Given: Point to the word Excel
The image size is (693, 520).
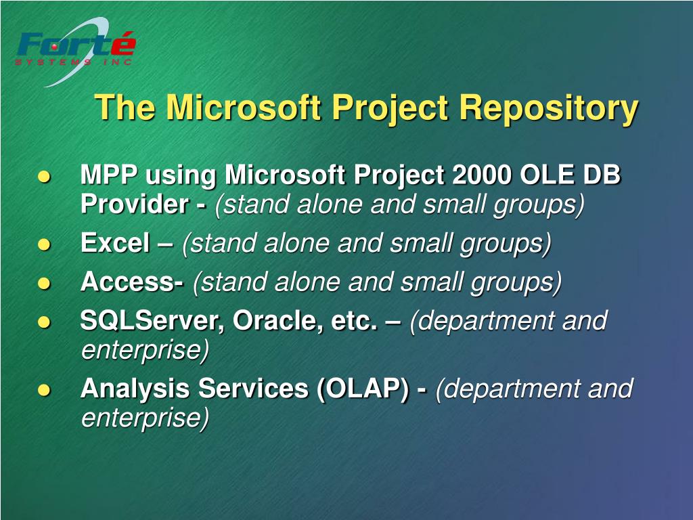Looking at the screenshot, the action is pos(115,243).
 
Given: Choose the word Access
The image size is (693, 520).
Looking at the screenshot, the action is pos(129,282).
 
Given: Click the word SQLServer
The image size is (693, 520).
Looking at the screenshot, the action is pos(148,320).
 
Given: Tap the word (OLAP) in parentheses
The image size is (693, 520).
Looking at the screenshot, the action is pos(363,389).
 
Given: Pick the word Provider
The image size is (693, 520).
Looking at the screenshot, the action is pos(135,204).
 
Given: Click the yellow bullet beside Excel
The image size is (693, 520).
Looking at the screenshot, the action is pos(44,244).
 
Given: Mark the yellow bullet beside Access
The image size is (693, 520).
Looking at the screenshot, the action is pos(44,283).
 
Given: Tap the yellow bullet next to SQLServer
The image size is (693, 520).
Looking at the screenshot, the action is pos(44,322).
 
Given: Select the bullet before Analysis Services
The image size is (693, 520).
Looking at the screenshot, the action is pos(44,390).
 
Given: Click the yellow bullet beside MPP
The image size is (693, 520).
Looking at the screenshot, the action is pos(44,177).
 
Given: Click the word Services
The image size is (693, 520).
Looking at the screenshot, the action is pos(253,389).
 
